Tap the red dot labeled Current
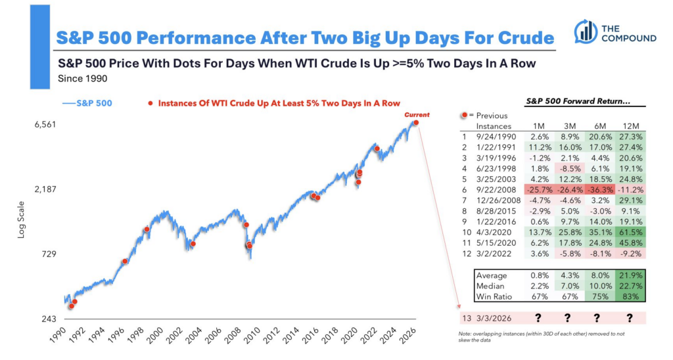point(415,123)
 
